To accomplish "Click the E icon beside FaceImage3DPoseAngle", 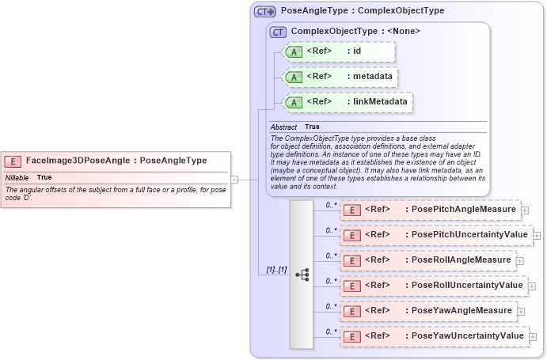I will [13, 161].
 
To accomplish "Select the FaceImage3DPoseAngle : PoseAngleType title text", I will [116, 161].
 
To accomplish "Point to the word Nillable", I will [17, 177].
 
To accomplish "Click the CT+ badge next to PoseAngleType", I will [264, 12].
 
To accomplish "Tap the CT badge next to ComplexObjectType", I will [278, 32].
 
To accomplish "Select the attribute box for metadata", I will [339, 77].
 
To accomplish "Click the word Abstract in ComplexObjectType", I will [283, 127].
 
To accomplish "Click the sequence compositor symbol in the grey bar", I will [302, 275].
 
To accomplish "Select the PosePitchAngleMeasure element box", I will [429, 210].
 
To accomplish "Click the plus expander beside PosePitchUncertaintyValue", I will [537, 235].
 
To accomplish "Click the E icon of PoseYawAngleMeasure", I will [352, 311].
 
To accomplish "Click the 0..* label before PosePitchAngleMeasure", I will [332, 205].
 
